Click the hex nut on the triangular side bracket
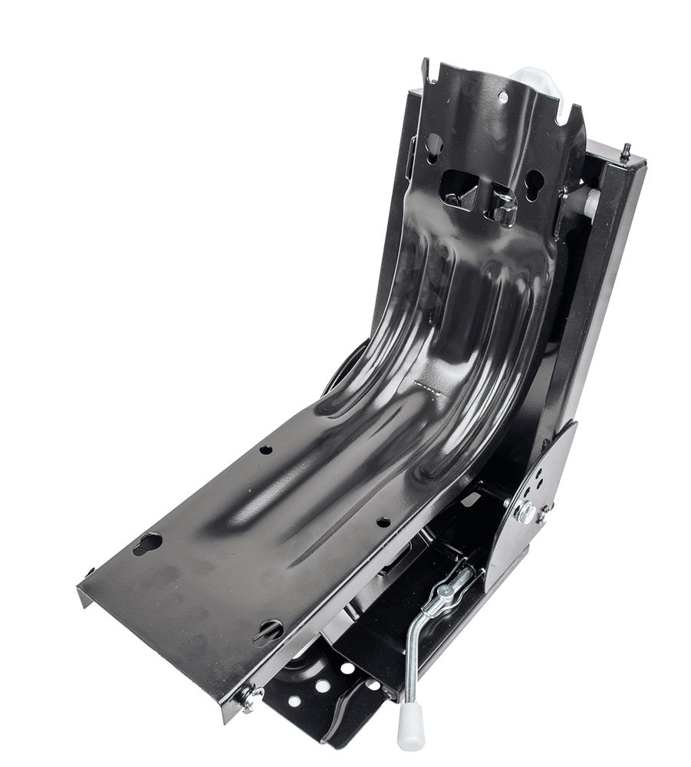click(525, 512)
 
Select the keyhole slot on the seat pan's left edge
click(147, 542)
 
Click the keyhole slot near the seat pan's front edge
click(269, 630)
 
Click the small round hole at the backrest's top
click(503, 97)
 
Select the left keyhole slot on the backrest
click(434, 143)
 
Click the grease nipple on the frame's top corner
click(625, 150)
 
